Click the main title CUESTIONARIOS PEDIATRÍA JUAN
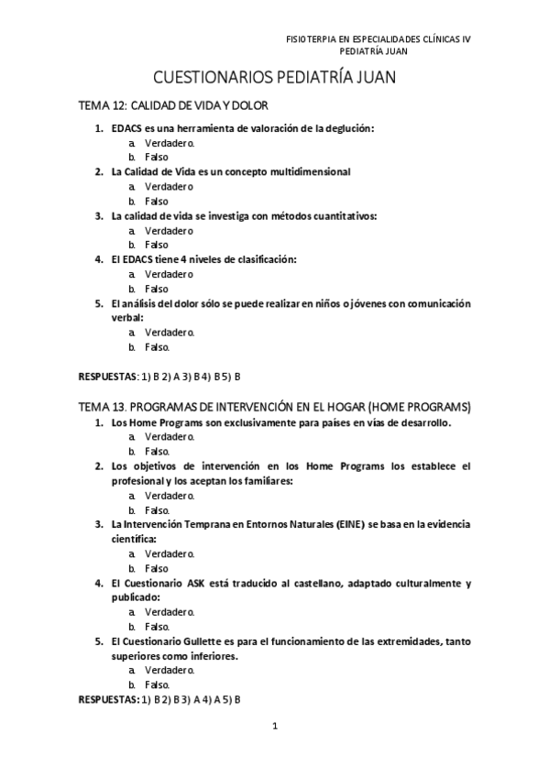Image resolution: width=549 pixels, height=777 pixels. (273, 79)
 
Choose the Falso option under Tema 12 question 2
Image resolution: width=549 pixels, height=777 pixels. (156, 201)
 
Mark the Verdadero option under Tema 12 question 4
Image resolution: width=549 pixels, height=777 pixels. (169, 274)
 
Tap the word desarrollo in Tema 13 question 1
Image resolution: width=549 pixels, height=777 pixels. (420, 422)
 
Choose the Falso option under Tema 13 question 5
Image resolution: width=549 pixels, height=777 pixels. (157, 684)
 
